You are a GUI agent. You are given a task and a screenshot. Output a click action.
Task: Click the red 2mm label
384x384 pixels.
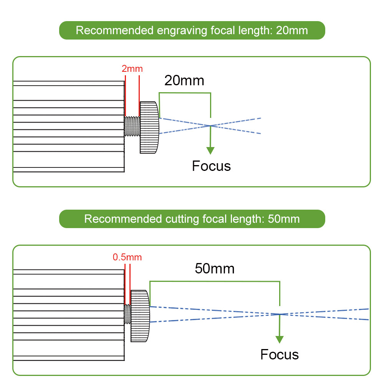click(132, 69)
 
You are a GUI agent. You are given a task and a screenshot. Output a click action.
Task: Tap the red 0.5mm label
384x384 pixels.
click(127, 257)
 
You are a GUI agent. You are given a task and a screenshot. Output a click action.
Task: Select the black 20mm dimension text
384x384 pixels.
click(184, 81)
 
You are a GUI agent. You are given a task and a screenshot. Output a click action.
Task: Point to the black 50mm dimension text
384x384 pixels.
click(215, 268)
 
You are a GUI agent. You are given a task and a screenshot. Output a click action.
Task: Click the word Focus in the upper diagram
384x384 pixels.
click(211, 166)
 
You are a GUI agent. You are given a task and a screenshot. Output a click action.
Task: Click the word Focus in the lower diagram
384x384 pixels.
click(280, 354)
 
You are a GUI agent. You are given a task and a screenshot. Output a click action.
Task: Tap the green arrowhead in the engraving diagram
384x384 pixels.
click(210, 150)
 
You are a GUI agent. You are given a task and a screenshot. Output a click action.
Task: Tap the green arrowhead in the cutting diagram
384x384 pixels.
click(280, 339)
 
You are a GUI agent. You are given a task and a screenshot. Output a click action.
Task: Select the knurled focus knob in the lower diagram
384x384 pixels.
click(140, 316)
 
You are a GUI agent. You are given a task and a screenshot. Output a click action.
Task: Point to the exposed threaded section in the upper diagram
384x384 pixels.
click(132, 126)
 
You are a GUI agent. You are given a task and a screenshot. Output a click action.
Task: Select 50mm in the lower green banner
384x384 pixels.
click(284, 219)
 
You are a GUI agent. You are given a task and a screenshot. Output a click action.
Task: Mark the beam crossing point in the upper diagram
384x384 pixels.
click(210, 126)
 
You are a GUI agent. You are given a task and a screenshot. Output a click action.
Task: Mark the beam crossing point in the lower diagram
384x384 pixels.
click(280, 314)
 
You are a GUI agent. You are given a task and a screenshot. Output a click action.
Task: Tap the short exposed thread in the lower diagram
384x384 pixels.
click(127, 314)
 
